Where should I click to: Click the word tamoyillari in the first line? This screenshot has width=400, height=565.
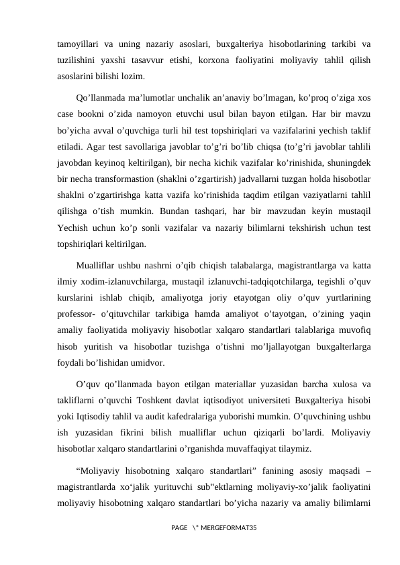77,45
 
